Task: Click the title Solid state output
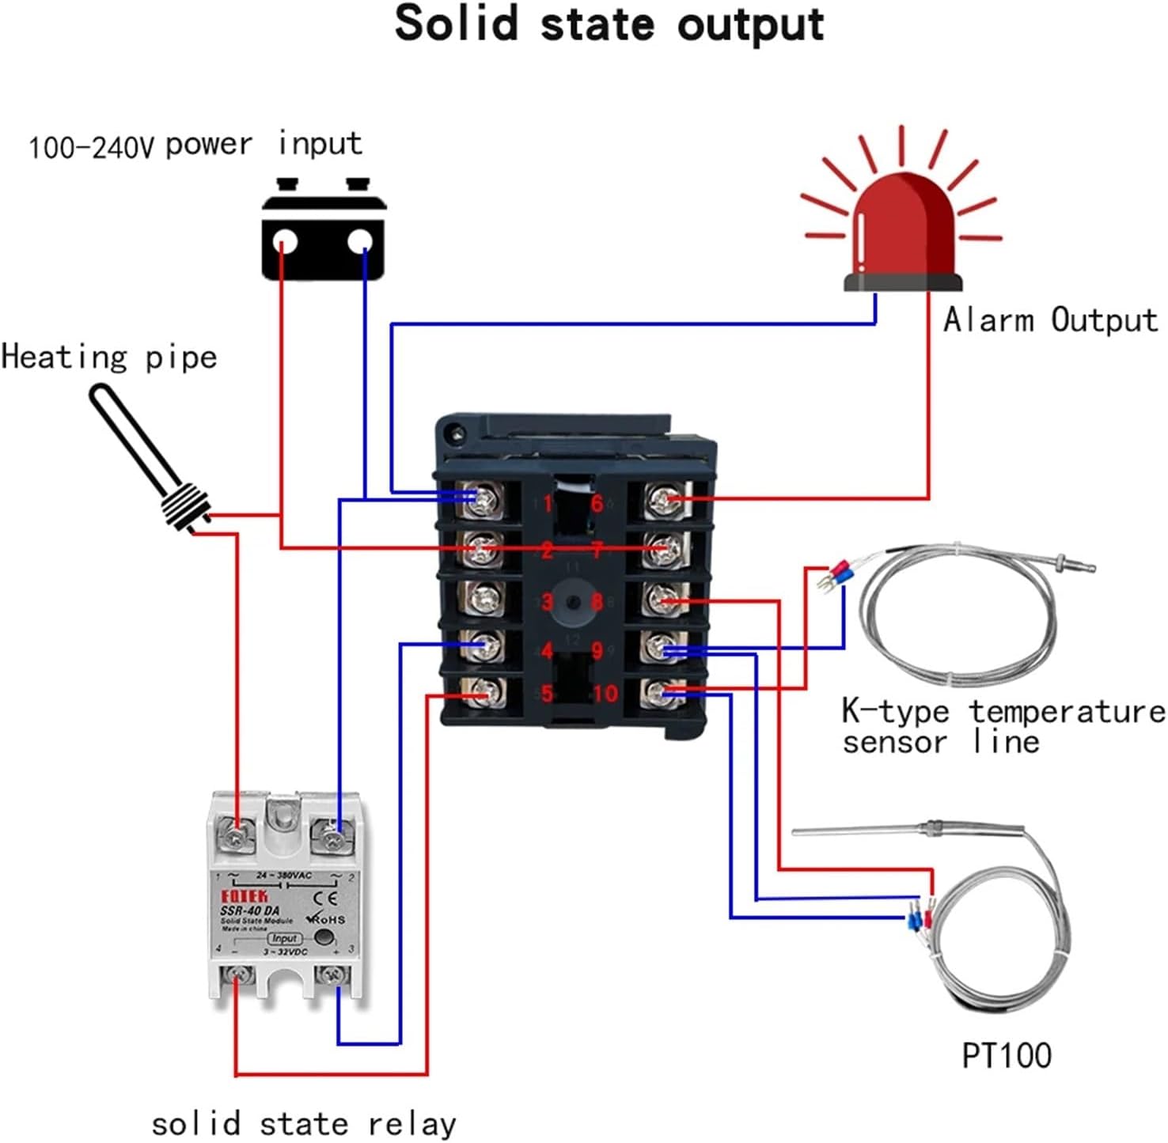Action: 609,24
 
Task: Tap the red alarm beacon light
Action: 903,229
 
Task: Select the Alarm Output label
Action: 1050,320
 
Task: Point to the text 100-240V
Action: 91,148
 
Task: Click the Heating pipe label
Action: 109,357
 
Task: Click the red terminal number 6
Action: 597,503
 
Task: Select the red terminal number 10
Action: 605,694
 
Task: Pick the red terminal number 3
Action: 547,602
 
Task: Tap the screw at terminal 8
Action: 662,599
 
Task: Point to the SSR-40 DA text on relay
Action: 249,910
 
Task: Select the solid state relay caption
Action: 304,1124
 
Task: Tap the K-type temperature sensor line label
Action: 1003,726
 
